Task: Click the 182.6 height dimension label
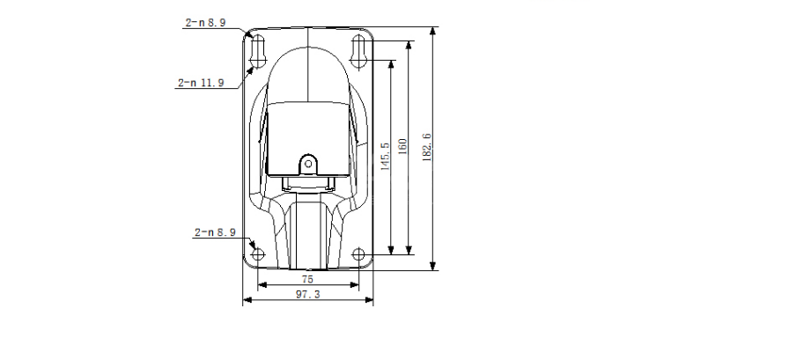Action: click(x=427, y=147)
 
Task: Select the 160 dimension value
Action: click(x=402, y=146)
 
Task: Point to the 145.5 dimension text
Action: click(x=385, y=157)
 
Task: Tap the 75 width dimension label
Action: click(x=307, y=279)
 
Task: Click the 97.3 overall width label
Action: click(x=307, y=295)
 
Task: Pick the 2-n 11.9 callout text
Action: click(x=201, y=83)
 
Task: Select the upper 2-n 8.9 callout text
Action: click(x=205, y=22)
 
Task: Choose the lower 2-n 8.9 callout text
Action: click(x=215, y=232)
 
